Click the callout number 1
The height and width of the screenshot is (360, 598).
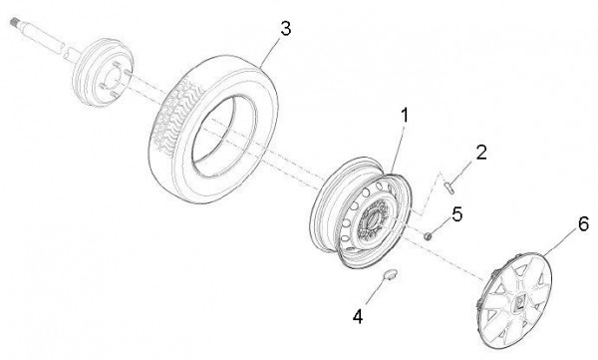coord(404,116)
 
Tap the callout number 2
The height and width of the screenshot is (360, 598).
coord(481,153)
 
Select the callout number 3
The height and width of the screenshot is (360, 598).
coord(285,29)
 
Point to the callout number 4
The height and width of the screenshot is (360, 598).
coord(358,316)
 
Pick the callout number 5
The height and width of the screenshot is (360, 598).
coord(456,214)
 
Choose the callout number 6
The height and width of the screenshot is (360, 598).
coord(583,224)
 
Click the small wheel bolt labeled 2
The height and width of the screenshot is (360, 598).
coord(449,187)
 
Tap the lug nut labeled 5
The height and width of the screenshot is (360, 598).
coord(429,236)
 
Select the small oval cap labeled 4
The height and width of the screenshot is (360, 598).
coord(390,274)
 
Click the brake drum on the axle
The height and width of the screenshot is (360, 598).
coord(103,72)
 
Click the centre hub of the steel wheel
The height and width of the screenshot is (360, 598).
coord(373,220)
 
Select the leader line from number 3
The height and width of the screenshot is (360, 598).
coord(270,53)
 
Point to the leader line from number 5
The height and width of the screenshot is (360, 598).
coord(441,227)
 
